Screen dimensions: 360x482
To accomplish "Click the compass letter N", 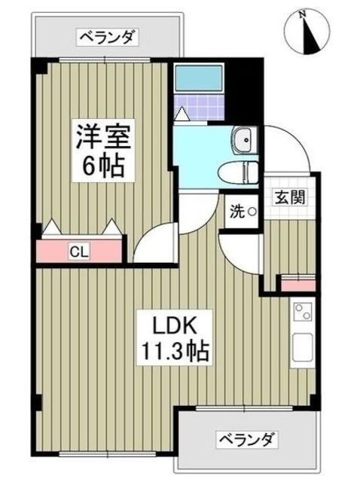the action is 303,14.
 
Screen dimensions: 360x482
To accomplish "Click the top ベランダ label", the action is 107,38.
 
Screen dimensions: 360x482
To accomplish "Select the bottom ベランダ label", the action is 246,440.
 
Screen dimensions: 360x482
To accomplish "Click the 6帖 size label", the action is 104,166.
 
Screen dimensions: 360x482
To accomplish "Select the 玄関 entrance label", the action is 290,197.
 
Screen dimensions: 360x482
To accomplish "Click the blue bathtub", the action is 199,78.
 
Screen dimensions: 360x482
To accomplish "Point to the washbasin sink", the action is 244,140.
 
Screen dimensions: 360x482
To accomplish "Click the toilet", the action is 239,173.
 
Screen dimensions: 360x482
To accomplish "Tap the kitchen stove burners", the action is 304,312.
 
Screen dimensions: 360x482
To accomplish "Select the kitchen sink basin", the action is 303,347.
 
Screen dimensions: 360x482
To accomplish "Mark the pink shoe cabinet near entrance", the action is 298,285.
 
